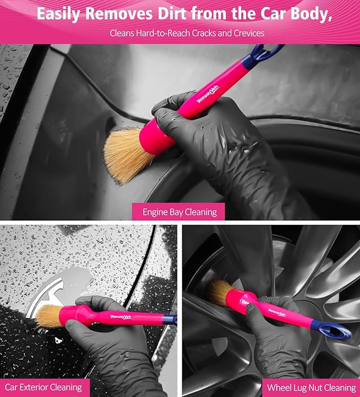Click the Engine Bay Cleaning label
(179, 212)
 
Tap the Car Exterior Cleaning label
(44, 387)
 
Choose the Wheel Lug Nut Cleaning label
(311, 387)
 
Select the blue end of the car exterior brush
(169, 319)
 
